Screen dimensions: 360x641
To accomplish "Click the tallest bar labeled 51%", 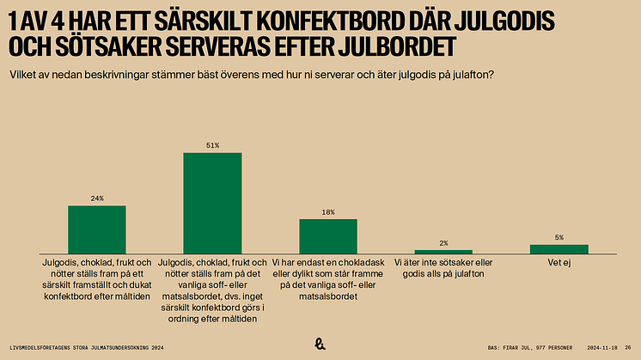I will tap(212, 202).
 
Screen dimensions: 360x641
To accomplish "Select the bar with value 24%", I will tap(97, 229).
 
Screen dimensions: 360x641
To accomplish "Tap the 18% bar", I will tap(328, 235).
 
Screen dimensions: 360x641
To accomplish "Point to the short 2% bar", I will tap(443, 251).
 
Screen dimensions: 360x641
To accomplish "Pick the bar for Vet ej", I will tap(559, 248).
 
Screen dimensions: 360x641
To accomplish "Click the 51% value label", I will tap(212, 146).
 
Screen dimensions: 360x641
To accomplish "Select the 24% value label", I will tap(97, 198).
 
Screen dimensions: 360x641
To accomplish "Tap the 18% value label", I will tap(328, 212).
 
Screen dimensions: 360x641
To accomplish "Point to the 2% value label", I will tap(443, 243).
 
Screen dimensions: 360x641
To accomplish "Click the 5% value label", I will tap(559, 237).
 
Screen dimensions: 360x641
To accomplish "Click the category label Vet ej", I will tap(559, 262).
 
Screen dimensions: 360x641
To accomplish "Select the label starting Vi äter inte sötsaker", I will tap(443, 268).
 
